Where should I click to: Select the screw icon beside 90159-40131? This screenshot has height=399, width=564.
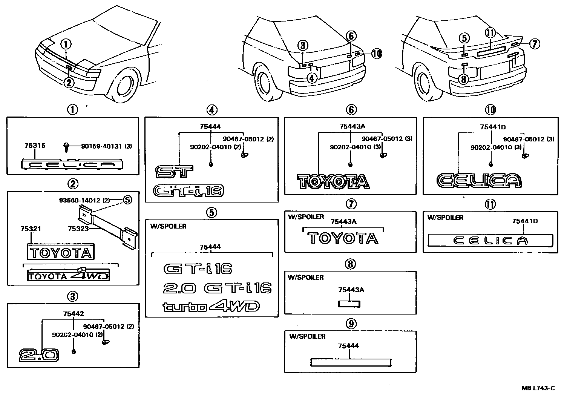point(66,147)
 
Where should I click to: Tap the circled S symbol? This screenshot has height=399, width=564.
point(127,200)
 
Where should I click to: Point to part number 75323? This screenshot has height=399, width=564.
point(78,229)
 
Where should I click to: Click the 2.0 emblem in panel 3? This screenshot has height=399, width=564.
point(39,355)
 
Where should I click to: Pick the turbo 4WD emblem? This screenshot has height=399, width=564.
point(211,307)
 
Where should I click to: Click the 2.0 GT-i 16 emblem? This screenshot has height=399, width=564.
point(217,289)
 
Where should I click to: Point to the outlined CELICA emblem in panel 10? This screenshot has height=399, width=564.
point(479,181)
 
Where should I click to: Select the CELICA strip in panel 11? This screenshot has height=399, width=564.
point(490,241)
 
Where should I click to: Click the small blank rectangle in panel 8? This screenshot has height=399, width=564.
point(349,304)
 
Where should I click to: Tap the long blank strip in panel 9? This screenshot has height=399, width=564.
point(350,362)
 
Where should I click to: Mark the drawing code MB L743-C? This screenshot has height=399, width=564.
point(538,388)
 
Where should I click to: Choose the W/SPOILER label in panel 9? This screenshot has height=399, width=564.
point(307,336)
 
